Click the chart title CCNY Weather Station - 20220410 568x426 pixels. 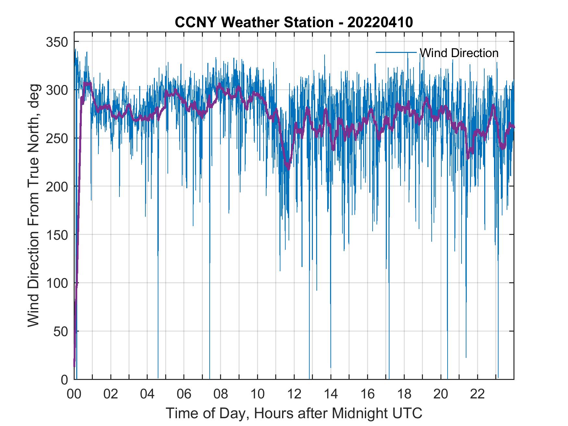[x=294, y=22]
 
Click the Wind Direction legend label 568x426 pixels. [x=459, y=53]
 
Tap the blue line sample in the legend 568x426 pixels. [x=396, y=52]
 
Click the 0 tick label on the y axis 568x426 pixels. [x=64, y=380]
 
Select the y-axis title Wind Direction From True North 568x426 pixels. [x=33, y=205]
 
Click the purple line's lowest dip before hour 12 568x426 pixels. [x=288, y=168]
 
